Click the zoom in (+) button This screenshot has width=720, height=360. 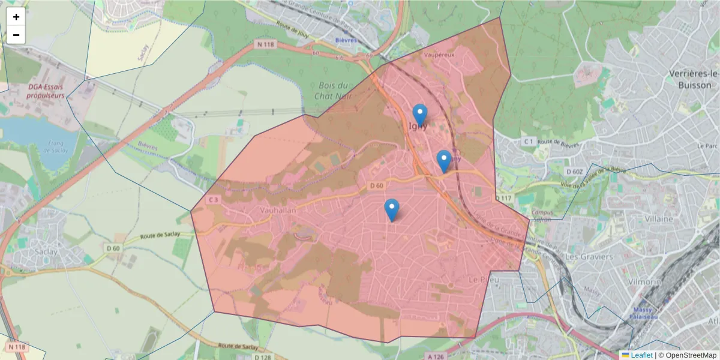[x=16, y=17]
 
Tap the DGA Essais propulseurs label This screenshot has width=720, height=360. [x=45, y=91]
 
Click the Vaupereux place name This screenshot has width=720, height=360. [x=439, y=55]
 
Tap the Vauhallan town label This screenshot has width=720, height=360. [x=280, y=210]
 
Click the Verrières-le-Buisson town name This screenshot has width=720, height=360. [x=694, y=79]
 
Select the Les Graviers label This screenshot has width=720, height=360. [x=589, y=257]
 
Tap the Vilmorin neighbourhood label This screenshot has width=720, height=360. [x=645, y=281]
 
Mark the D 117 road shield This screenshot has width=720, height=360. [x=503, y=198]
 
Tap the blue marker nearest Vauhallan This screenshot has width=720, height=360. [x=392, y=210]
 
